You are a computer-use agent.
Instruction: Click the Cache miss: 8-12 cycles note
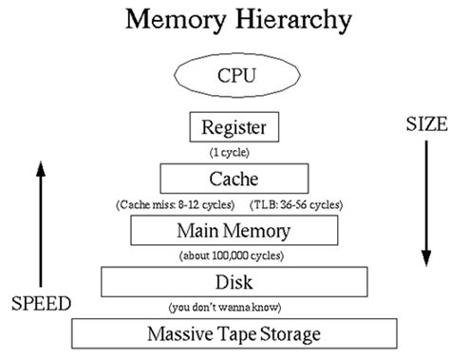(x=172, y=202)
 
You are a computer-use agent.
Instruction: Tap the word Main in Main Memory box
(x=197, y=229)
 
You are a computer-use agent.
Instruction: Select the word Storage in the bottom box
(x=290, y=333)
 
